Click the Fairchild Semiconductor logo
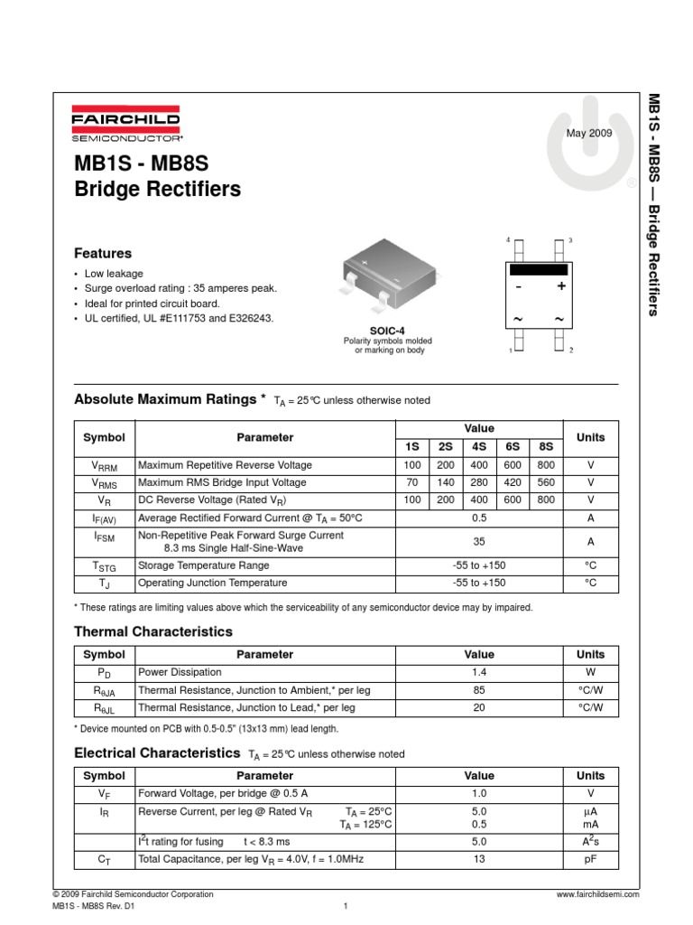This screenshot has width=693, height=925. (x=126, y=126)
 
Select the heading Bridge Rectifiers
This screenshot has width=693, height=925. (x=158, y=190)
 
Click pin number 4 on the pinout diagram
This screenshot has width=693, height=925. (x=508, y=240)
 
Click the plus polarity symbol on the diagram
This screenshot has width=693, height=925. (x=560, y=286)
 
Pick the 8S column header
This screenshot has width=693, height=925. (x=546, y=446)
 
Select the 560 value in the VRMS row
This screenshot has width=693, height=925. (x=546, y=482)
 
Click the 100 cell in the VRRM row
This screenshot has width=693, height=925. (x=412, y=465)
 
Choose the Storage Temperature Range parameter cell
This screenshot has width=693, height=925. (x=203, y=565)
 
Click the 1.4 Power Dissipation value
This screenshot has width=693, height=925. (x=479, y=673)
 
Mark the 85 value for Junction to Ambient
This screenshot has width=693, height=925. (x=479, y=690)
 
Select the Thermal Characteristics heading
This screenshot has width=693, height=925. (x=152, y=631)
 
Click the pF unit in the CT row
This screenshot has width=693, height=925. (x=591, y=859)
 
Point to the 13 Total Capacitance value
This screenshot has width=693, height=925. (x=479, y=859)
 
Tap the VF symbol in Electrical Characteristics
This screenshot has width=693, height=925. (x=104, y=794)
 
